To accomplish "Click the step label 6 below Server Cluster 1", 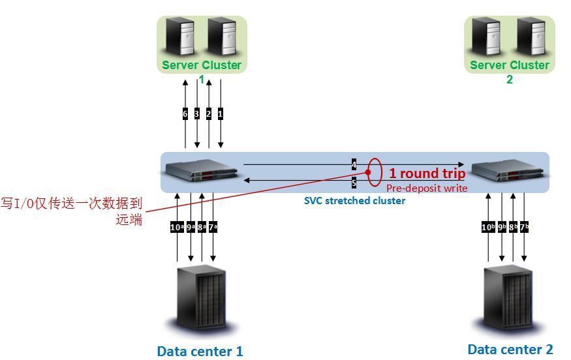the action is click(185, 114).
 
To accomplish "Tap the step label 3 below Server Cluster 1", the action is click(196, 114).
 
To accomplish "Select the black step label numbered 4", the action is click(354, 164).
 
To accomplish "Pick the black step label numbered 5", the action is click(354, 183).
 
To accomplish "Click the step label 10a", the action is click(177, 227).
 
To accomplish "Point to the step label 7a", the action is click(213, 227).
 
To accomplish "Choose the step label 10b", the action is click(488, 227).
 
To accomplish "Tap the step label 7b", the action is click(524, 227).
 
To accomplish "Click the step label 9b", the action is click(502, 227).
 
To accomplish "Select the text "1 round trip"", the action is click(427, 173).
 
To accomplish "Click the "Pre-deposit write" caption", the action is click(427, 188).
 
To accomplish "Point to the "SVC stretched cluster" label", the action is click(355, 201).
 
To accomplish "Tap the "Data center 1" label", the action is click(200, 352).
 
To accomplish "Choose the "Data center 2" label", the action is click(510, 350).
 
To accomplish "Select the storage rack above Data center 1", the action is click(202, 299).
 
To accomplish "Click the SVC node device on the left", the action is click(202, 170).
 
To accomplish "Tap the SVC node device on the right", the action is click(508, 170).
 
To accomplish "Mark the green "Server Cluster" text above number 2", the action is click(510, 65).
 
